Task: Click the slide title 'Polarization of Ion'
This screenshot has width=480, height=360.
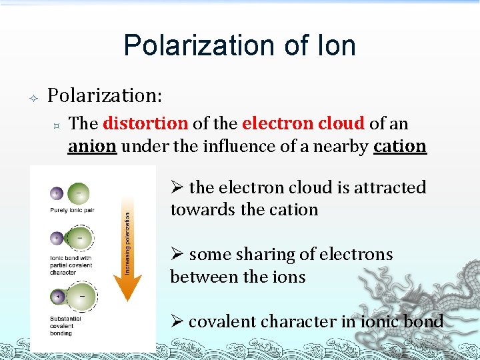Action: pyautogui.click(x=239, y=46)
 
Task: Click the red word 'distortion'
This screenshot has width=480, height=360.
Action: pyautogui.click(x=145, y=124)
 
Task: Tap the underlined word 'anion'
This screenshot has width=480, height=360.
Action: pyautogui.click(x=93, y=146)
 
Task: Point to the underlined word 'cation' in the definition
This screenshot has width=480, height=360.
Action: pyautogui.click(x=399, y=146)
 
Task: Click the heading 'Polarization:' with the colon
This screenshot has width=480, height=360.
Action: pyautogui.click(x=105, y=95)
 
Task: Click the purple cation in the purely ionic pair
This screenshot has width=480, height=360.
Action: pyautogui.click(x=58, y=194)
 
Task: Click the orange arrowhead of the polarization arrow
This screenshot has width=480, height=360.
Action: pyautogui.click(x=127, y=286)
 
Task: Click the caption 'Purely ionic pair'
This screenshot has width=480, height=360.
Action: pyautogui.click(x=72, y=211)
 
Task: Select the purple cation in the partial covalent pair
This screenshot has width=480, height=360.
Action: pyautogui.click(x=57, y=239)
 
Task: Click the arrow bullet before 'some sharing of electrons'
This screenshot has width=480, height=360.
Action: pyautogui.click(x=177, y=255)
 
